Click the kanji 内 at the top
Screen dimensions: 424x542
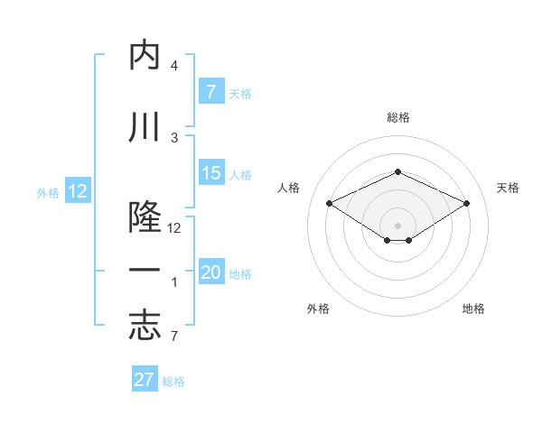145,56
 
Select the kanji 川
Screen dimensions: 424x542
145,128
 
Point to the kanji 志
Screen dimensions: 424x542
145,327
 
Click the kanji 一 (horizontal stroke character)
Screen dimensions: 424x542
145,272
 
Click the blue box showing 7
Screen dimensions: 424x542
210,91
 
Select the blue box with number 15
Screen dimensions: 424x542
210,173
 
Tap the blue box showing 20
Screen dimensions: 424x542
210,273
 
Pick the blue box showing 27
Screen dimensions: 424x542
145,380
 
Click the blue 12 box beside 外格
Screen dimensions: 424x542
77,191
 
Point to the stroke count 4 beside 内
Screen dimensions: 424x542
173,66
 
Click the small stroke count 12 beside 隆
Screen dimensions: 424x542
174,228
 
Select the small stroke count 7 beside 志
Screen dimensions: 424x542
173,336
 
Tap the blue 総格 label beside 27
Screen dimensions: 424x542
173,382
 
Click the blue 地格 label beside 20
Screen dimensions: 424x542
240,274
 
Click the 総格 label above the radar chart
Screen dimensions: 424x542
397,117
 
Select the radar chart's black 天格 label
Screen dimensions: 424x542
508,188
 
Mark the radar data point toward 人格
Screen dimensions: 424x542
329,203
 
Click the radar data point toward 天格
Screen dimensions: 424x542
466,203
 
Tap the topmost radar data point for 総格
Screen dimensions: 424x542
397,171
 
